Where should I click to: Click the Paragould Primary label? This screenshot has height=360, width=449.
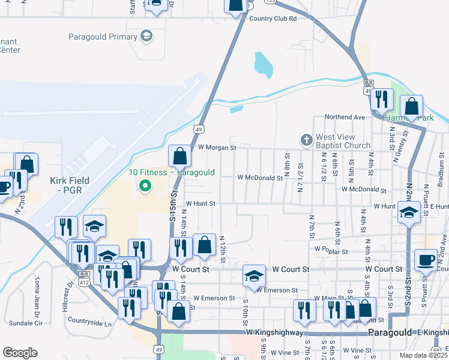(x=103, y=37)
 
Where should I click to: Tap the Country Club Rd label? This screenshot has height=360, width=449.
(x=273, y=19)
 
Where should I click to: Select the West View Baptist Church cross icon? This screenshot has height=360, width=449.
(x=306, y=140)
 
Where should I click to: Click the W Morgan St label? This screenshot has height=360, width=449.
(x=217, y=146)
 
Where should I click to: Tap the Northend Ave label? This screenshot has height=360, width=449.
(x=345, y=117)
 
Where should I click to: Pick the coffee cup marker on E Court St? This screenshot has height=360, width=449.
(x=426, y=260)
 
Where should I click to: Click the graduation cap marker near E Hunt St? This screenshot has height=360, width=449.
(x=409, y=213)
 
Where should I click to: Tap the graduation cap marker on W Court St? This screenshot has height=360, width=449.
(x=254, y=277)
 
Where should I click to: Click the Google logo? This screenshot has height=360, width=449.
(x=20, y=353)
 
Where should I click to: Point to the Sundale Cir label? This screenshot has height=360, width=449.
(x=26, y=323)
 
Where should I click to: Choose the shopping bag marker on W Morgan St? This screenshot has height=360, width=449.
(x=179, y=157)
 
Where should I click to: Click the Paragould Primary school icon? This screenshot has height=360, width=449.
(x=146, y=37)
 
